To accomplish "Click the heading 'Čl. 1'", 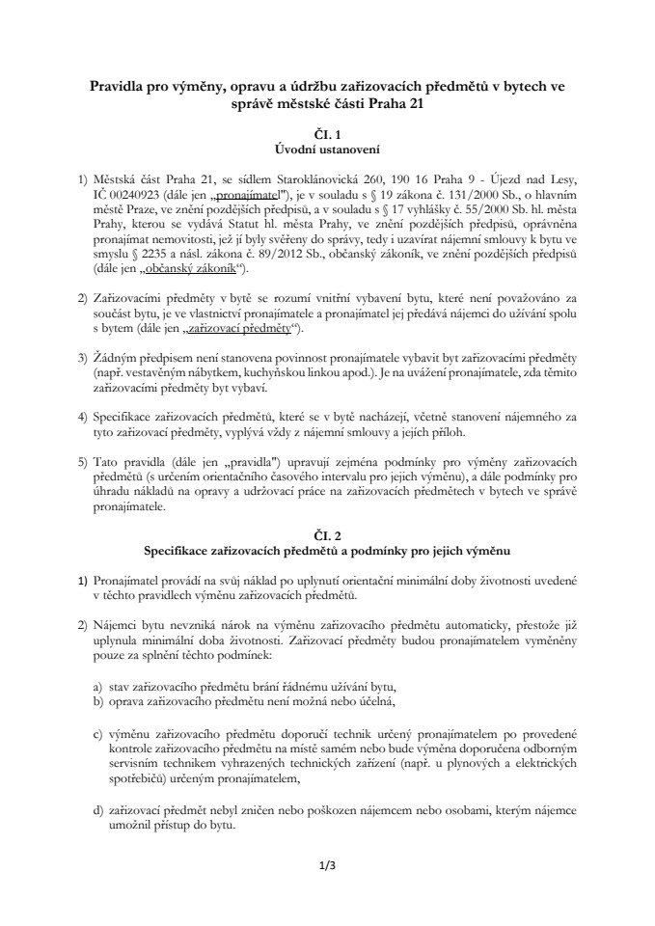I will (x=328, y=134).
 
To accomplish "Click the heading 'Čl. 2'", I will (x=328, y=534).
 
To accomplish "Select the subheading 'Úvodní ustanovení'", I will (x=328, y=150).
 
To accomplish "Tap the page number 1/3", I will (x=327, y=865).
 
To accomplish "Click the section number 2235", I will (x=156, y=255).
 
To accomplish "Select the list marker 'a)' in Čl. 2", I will (x=98, y=686).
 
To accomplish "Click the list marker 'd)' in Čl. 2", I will (x=98, y=813).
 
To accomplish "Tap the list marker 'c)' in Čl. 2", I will (x=98, y=736).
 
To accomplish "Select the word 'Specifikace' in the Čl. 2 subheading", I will (x=184, y=551).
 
